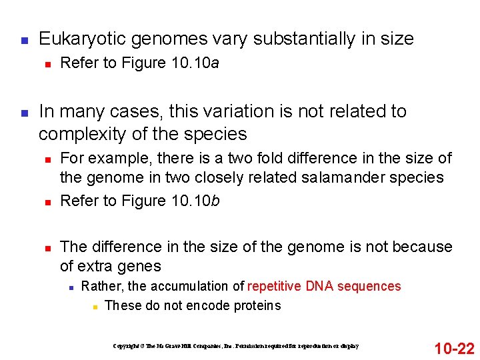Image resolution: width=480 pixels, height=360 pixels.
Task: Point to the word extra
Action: (98, 267)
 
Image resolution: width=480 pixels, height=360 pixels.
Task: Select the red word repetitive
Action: (275, 287)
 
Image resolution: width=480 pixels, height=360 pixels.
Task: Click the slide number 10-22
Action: (454, 347)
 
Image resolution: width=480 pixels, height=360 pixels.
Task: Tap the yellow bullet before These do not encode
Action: (96, 307)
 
